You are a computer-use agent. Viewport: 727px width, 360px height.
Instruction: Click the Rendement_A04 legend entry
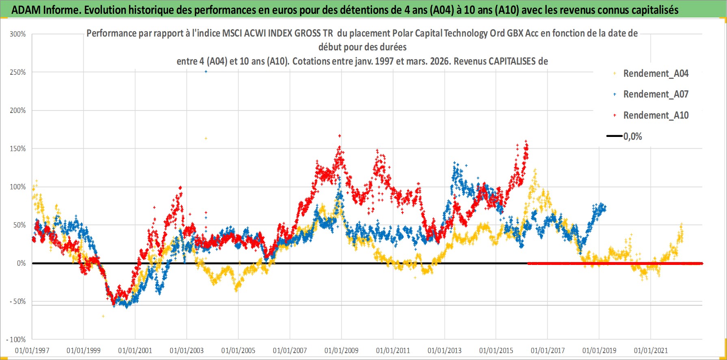pos(656,74)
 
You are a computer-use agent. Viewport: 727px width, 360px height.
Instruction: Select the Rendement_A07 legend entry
pos(656,94)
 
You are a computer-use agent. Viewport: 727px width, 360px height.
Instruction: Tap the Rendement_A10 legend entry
pos(656,115)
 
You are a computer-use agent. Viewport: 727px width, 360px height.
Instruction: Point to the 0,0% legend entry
pos(632,137)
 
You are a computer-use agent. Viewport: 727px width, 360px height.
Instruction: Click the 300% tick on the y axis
pos(18,34)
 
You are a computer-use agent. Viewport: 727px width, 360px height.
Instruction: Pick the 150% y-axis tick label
pos(18,149)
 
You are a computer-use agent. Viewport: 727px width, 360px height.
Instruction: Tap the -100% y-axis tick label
pos(16,340)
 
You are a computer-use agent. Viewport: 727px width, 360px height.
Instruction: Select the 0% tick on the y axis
pos(21,263)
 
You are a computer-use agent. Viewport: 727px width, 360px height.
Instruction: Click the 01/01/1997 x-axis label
pos(32,351)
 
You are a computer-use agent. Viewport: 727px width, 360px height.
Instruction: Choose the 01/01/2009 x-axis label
pos(342,351)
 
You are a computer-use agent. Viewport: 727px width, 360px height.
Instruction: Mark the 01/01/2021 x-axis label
pos(651,351)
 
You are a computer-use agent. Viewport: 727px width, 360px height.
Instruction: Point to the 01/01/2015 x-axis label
pos(496,351)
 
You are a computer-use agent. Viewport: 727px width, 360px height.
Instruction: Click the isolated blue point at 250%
pos(206,72)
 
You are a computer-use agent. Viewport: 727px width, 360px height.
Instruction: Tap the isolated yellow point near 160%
pos(206,139)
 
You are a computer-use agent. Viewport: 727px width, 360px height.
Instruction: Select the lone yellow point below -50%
pos(103,316)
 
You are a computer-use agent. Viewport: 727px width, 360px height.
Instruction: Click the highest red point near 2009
pos(340,136)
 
